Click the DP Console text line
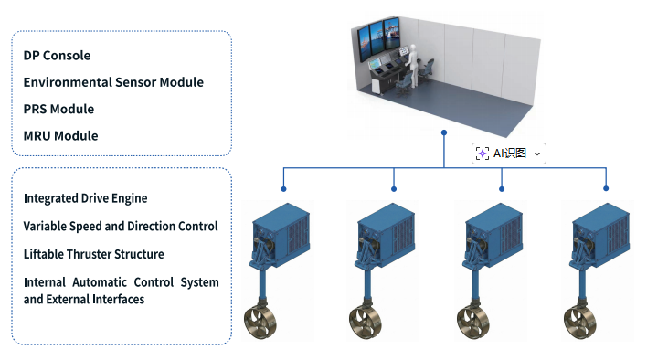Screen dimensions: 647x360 click(57, 55)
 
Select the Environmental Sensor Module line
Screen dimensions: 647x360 click(113, 82)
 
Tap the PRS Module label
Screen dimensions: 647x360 click(58, 109)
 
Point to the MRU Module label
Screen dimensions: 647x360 click(60, 135)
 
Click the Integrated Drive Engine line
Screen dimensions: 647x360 click(85, 198)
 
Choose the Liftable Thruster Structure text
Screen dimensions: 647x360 click(93, 254)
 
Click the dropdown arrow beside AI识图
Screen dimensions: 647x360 click(537, 154)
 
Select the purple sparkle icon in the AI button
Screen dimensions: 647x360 click(483, 154)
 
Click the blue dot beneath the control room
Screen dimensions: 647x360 click(444, 132)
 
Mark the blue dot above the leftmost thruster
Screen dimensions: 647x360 click(283, 189)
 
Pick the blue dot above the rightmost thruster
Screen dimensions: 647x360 click(606, 188)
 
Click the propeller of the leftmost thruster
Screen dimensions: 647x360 click(260, 322)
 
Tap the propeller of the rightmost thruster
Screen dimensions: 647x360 click(579, 322)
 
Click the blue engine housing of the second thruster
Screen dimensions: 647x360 click(386, 234)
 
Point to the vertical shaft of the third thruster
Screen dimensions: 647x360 click(474, 285)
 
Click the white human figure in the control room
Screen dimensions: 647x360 click(413, 66)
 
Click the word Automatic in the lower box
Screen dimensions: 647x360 click(100, 282)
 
